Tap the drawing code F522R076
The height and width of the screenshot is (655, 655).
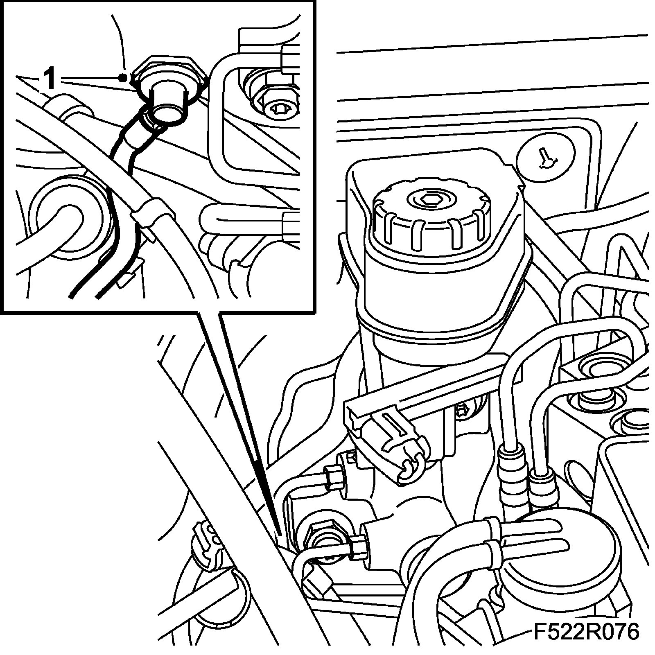[586, 632]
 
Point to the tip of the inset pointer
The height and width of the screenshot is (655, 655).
[278, 535]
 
